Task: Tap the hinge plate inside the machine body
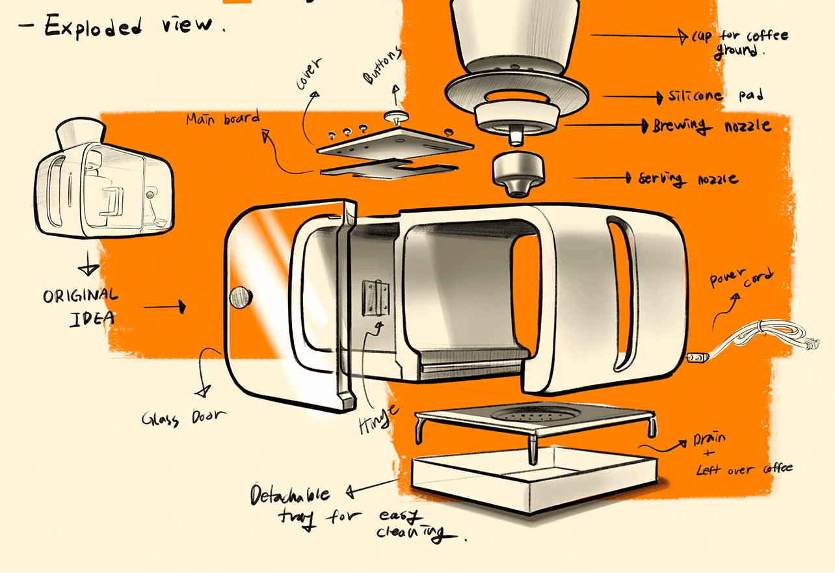click(x=375, y=297)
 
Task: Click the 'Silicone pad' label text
click(x=714, y=96)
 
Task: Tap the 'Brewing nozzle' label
click(x=712, y=126)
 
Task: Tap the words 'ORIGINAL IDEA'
click(x=81, y=306)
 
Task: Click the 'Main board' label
click(x=222, y=119)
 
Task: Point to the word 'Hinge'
click(x=377, y=416)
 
